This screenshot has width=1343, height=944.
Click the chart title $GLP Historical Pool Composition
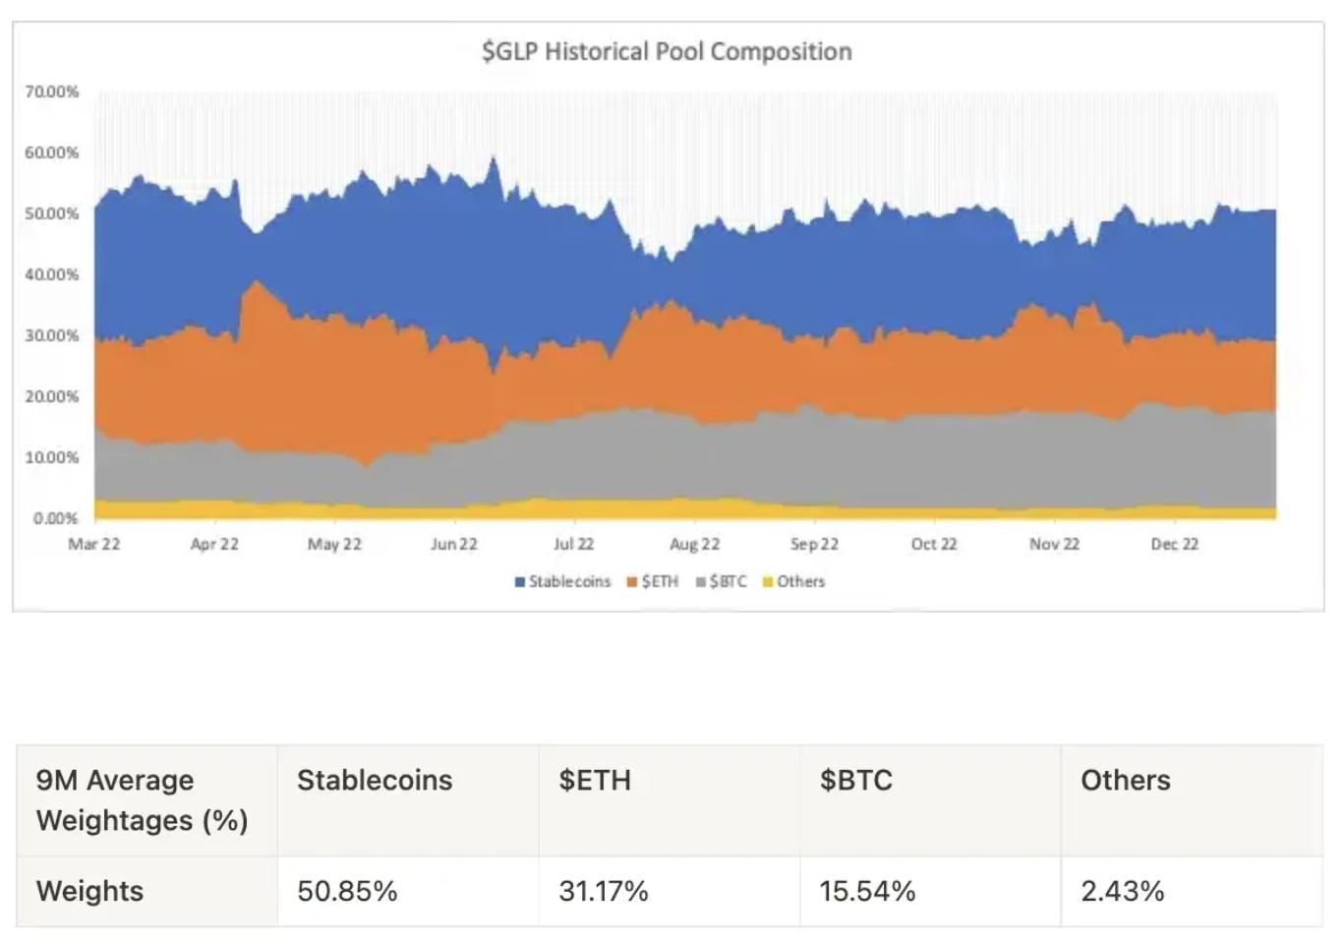667,51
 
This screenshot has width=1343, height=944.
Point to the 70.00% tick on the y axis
52,91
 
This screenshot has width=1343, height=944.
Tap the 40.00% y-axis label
52,274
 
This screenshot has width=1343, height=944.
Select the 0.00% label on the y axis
55,518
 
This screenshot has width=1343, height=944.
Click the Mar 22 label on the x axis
94,544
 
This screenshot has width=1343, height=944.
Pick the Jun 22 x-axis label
454,544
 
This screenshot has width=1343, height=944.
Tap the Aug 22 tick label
695,544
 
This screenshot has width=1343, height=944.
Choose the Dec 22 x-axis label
1175,544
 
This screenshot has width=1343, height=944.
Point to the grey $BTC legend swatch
701,582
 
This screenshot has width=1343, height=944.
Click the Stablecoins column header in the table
375,780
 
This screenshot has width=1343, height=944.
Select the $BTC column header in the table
856,780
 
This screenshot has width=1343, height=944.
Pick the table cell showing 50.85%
347,891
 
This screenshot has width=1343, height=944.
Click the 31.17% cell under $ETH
604,891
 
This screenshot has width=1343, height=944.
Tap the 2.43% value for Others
1123,891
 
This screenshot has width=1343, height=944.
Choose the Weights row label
89,891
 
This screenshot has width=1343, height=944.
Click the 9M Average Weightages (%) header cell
142,799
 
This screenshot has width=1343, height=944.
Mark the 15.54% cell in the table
867,891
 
